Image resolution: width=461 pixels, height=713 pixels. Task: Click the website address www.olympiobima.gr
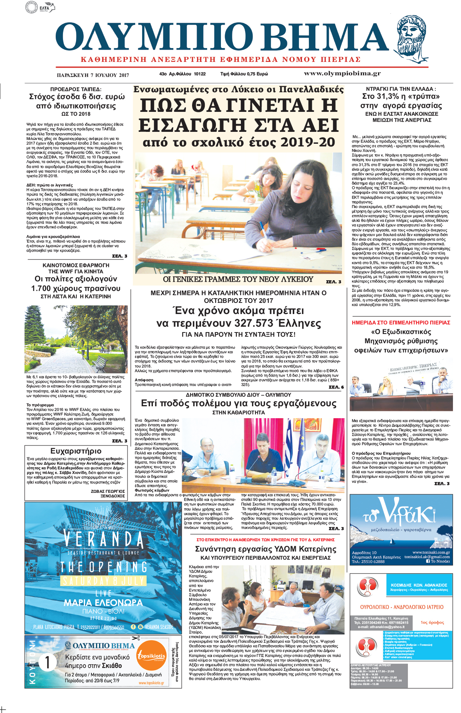tap(342, 73)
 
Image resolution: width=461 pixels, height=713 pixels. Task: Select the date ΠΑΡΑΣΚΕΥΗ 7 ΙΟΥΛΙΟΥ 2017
tap(93, 75)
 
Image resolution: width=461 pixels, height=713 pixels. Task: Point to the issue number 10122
tap(200, 74)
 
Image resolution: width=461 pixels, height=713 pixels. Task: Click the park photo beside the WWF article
tap(76, 339)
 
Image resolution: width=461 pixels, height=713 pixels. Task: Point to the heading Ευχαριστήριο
tap(76, 451)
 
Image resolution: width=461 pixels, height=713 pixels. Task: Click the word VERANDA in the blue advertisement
tap(103, 539)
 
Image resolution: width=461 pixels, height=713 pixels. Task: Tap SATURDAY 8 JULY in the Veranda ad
tap(103, 580)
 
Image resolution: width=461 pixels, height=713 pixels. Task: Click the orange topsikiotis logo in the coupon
tap(152, 656)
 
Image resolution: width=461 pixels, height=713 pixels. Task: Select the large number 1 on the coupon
tap(47, 662)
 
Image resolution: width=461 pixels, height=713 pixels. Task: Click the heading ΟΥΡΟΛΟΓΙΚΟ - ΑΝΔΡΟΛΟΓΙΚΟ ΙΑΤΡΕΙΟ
tap(401, 607)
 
